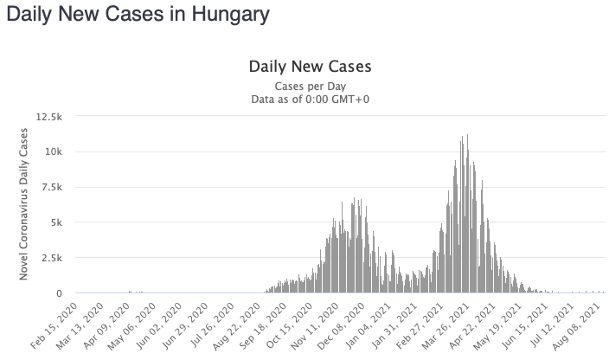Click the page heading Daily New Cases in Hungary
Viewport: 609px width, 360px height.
pos(138,15)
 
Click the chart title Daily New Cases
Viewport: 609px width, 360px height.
pos(310,67)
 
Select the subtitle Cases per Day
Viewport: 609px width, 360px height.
pos(310,87)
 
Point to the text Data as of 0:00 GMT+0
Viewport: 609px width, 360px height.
pos(310,100)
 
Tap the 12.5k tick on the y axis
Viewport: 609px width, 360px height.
pos(48,116)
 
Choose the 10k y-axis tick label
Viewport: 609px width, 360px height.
pos(54,151)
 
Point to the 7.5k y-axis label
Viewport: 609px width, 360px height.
pos(50,187)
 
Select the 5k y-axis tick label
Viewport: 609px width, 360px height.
pos(55,222)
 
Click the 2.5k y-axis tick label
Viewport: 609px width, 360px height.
pos(50,258)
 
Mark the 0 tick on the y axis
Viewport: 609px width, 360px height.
pos(59,294)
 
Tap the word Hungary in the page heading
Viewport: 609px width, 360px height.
pos(229,15)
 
